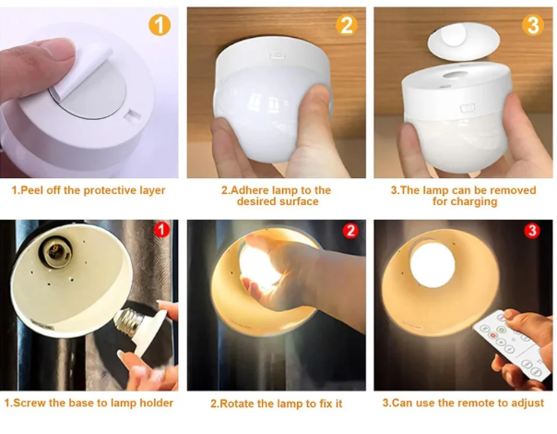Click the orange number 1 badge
click(x=160, y=25)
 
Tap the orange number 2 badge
click(x=347, y=25)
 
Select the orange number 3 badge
click(x=533, y=25)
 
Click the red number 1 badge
click(x=161, y=230)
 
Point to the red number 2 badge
click(x=350, y=231)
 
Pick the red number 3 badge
click(x=532, y=231)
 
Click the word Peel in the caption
click(x=32, y=190)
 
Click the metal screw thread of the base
click(x=128, y=322)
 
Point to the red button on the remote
click(x=492, y=335)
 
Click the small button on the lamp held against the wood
click(x=278, y=55)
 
